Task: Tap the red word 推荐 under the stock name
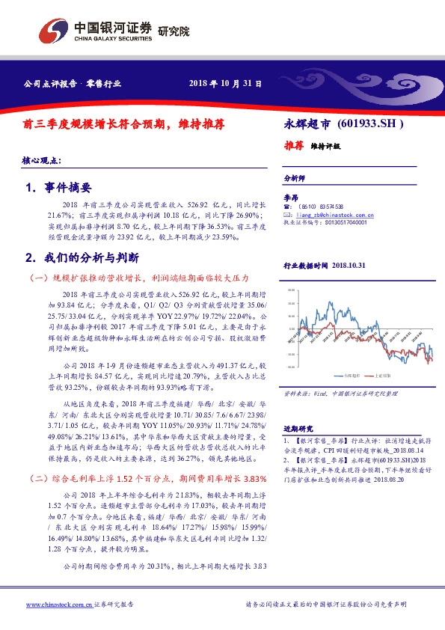tap(294, 146)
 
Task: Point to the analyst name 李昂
tap(291, 197)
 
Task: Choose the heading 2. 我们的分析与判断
tap(82, 257)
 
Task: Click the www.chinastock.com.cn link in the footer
tap(59, 604)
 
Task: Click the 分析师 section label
tap(294, 179)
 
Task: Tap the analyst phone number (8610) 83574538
tap(322, 206)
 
